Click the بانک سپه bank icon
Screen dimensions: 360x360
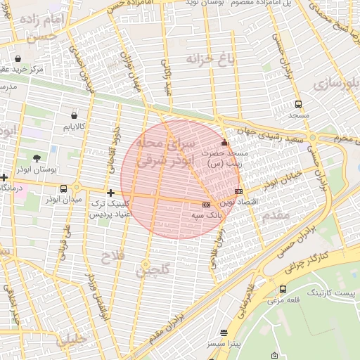point(206,205)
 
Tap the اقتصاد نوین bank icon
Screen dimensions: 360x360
point(239,191)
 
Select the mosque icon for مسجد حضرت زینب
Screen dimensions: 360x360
point(224,143)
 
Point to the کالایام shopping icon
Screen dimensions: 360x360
point(74,115)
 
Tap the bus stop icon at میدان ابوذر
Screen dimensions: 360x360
point(64,188)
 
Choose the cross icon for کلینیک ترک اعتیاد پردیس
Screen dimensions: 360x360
point(110,193)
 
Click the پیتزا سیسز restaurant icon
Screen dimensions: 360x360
point(224,333)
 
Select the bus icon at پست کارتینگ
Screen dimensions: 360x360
point(283,289)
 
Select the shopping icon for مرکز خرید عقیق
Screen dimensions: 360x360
point(17,58)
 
